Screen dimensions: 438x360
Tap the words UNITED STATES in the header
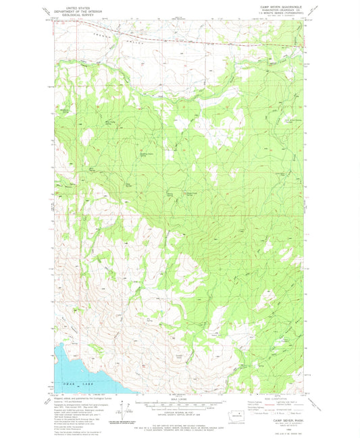pos(71,7)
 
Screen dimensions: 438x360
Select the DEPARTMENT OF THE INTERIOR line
pos(71,11)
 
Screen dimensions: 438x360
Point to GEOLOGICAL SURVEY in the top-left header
pos(71,14)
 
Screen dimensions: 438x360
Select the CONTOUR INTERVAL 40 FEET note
pos(179,414)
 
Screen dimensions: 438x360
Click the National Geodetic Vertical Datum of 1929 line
pos(179,417)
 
